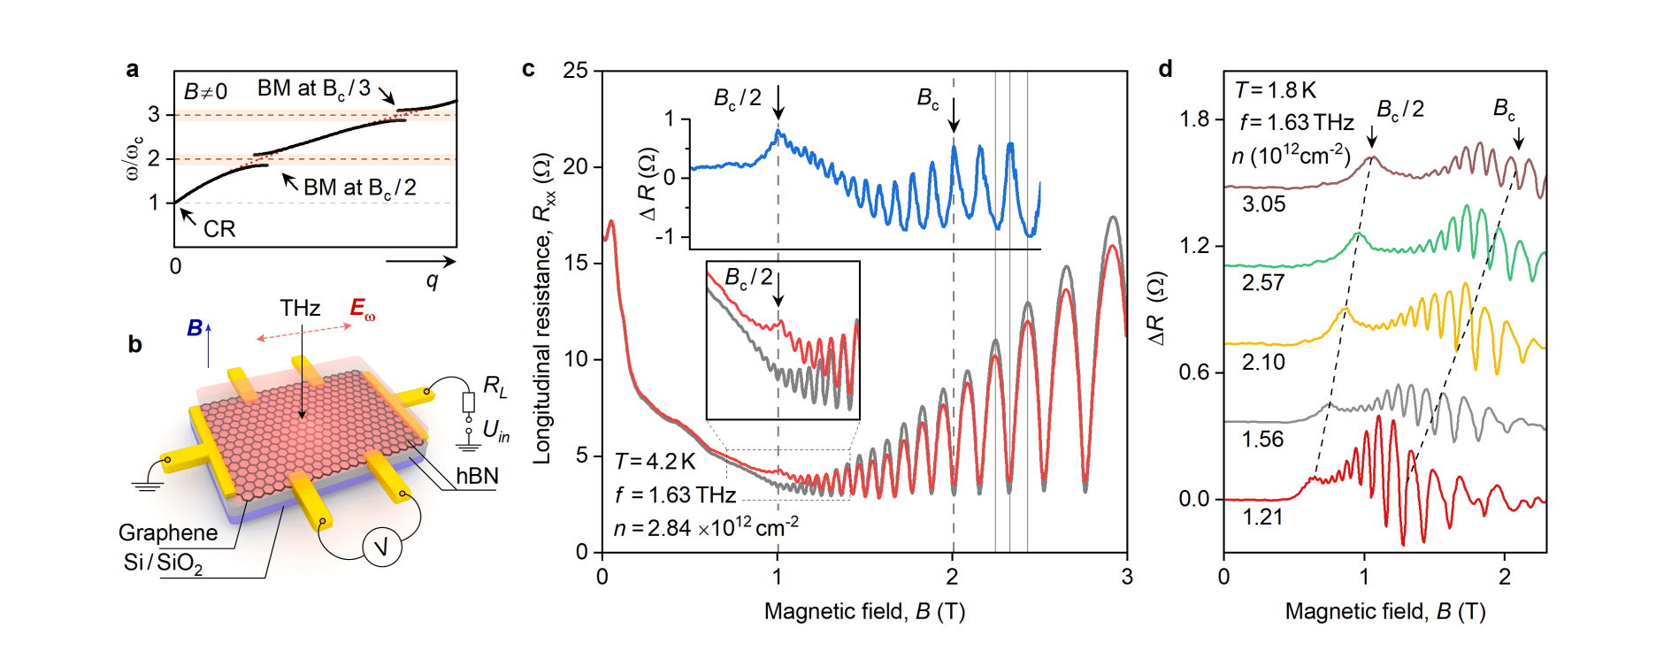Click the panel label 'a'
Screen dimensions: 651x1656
pyautogui.click(x=133, y=69)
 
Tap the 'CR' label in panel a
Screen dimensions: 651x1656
pyautogui.click(x=219, y=229)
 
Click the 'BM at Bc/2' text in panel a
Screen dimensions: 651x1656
pyautogui.click(x=359, y=188)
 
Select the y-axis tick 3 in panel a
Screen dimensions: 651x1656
pyautogui.click(x=154, y=114)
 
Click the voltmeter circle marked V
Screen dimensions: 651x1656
pyautogui.click(x=382, y=548)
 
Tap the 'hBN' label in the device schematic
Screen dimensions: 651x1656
pyautogui.click(x=477, y=476)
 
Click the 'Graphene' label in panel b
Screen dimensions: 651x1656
pyautogui.click(x=168, y=532)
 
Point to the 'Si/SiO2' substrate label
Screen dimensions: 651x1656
pyautogui.click(x=163, y=563)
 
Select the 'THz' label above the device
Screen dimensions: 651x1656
pyautogui.click(x=300, y=308)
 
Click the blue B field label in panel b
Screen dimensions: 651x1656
pyautogui.click(x=195, y=328)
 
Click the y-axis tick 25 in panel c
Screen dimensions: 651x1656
pyautogui.click(x=576, y=70)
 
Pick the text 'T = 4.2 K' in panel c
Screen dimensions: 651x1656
pyautogui.click(x=655, y=462)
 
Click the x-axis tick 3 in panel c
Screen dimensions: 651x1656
pyautogui.click(x=1126, y=577)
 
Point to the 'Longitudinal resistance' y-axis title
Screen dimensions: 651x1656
pyautogui.click(x=542, y=310)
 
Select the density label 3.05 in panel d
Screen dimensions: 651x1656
pyautogui.click(x=1263, y=204)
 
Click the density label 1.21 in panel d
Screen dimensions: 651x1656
pyautogui.click(x=1262, y=517)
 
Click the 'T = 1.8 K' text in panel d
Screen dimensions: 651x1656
pyautogui.click(x=1276, y=90)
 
